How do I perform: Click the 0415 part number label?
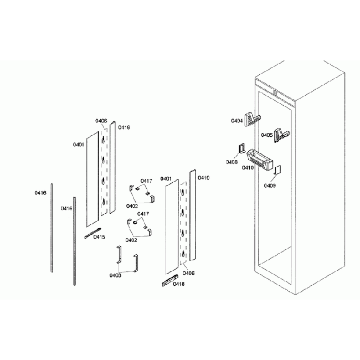coord(99,237)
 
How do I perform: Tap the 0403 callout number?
coord(116,275)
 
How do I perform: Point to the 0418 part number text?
coord(178,284)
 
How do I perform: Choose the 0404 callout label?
coord(237,120)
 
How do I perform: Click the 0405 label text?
coord(266,135)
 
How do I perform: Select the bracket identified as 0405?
coord(284,134)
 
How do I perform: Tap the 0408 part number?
coord(232,162)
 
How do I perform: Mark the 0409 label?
coord(270,186)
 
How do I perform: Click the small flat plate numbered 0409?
coord(279,169)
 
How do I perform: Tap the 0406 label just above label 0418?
coord(189,273)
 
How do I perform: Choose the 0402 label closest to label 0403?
coord(132,240)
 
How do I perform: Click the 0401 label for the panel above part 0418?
coord(166,179)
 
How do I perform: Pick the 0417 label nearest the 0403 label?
coord(143,214)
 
